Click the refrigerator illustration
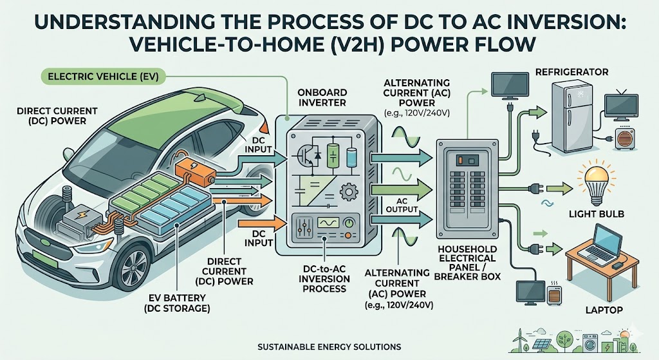pos(571,115)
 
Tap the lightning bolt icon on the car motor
pos(82,213)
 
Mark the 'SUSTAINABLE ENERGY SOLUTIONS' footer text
pos(329,347)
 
